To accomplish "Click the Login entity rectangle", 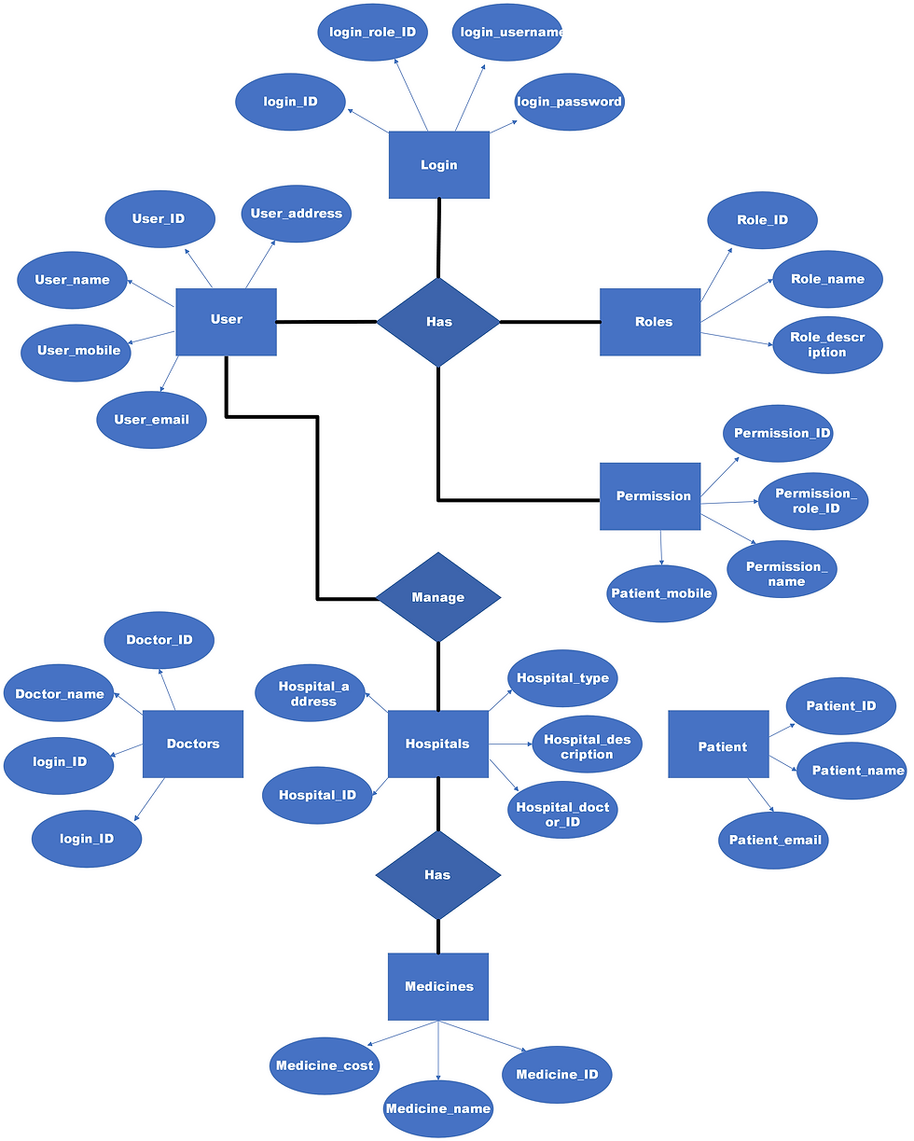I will tap(438, 165).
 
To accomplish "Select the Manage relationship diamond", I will tap(437, 597).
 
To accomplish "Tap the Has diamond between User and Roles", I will tap(437, 322).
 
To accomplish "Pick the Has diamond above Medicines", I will tap(437, 875).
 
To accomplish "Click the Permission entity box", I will tap(650, 496).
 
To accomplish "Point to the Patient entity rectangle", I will tap(718, 744).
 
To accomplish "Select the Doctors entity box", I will tap(192, 744).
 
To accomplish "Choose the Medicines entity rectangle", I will tap(437, 986).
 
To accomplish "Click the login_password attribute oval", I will tap(569, 102).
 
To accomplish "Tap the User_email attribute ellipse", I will tap(151, 420).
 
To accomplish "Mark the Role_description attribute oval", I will tap(827, 345).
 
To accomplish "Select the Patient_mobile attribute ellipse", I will tap(661, 593).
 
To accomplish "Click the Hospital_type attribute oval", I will tap(562, 678).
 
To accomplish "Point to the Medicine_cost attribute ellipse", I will tap(324, 1065).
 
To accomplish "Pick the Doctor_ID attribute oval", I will tap(159, 640).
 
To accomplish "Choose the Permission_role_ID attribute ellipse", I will tap(813, 501).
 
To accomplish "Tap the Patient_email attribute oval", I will tap(773, 840).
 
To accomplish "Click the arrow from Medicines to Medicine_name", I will tap(437, 1050).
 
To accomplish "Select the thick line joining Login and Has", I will tap(438, 238).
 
